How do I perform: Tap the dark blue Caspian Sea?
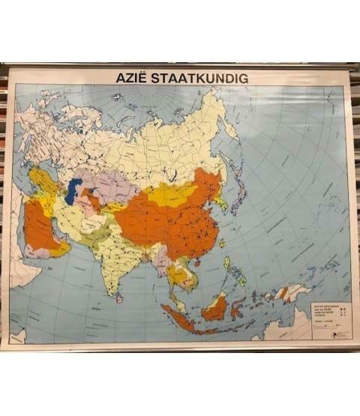click(x=73, y=190)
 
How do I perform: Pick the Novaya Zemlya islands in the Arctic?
click(x=120, y=97)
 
